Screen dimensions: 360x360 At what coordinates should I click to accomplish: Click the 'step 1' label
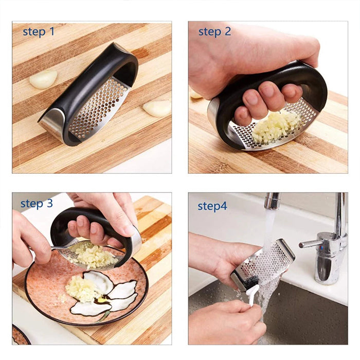[39, 32]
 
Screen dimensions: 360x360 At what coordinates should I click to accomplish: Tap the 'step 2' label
[214, 32]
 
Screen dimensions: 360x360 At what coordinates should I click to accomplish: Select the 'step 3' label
[37, 204]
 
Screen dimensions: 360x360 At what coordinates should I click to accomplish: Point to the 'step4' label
[212, 206]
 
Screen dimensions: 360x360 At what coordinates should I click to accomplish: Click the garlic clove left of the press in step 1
[44, 79]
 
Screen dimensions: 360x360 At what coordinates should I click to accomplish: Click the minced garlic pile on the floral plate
[82, 288]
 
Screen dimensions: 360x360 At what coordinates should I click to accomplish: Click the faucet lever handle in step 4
[314, 242]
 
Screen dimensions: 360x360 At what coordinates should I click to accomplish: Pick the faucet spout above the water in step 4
[272, 201]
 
